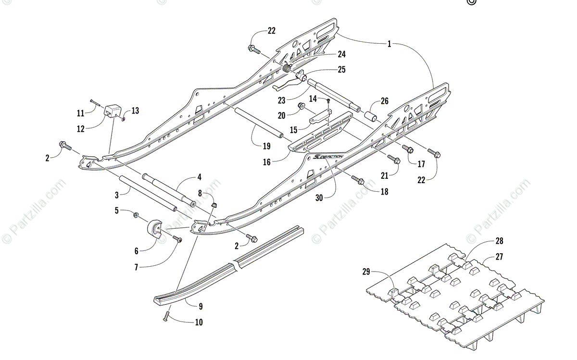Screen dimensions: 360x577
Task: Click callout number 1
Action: (x=390, y=44)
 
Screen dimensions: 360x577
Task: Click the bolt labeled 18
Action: (x=357, y=180)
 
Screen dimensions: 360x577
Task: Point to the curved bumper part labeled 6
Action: (x=154, y=229)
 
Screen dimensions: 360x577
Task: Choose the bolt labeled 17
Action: (x=407, y=149)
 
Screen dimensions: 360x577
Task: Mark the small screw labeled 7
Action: (x=176, y=238)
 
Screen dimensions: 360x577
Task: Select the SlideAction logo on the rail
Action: (x=326, y=157)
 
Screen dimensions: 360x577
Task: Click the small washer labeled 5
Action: (x=136, y=213)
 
